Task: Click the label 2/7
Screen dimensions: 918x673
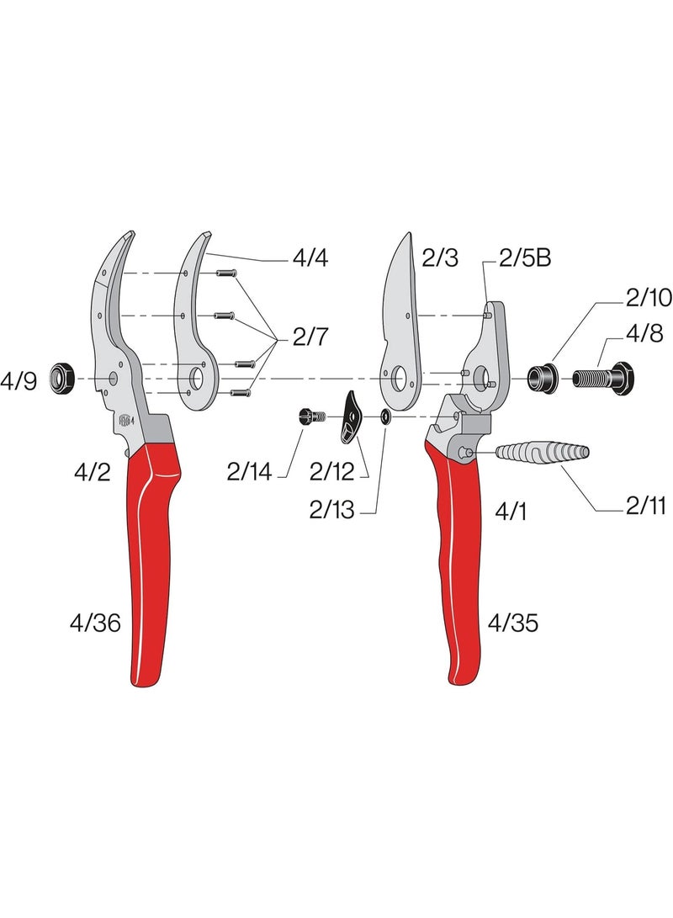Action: tap(312, 338)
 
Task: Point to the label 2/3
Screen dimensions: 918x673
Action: tap(439, 259)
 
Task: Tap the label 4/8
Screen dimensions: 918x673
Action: tap(644, 334)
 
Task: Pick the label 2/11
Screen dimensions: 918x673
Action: tap(645, 506)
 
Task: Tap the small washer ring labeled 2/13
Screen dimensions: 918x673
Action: tap(384, 416)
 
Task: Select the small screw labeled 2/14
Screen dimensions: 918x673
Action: tap(311, 416)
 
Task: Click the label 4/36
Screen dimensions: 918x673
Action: tap(95, 623)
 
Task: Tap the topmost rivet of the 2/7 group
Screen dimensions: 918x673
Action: tap(227, 273)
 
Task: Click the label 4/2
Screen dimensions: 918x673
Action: tap(92, 472)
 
